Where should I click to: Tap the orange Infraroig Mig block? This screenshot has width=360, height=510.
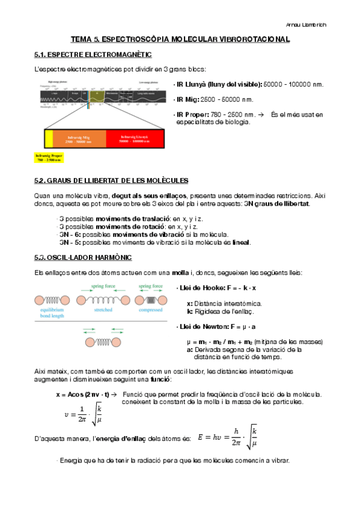point(79,139)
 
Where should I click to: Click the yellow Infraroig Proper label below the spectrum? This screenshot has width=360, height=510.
point(49,158)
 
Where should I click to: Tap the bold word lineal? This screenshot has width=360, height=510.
point(241,242)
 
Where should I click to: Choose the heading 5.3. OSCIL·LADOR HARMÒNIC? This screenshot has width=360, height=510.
point(83,258)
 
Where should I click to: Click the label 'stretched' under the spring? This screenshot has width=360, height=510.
point(103,310)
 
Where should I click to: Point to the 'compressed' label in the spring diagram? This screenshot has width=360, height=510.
point(150,310)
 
